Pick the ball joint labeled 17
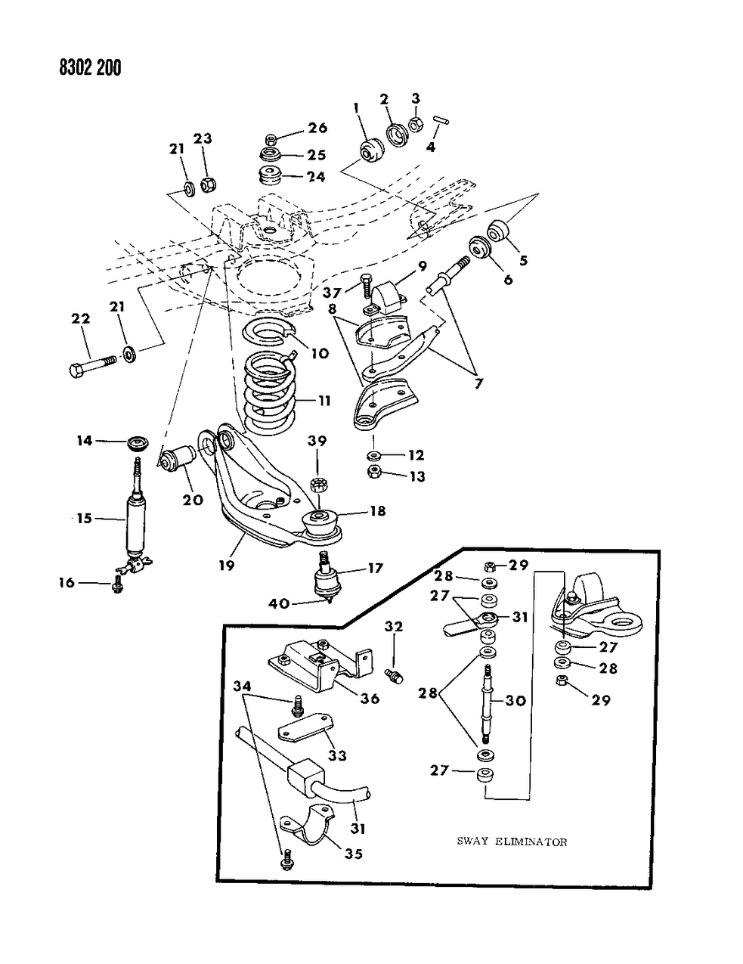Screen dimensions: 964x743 point(326,580)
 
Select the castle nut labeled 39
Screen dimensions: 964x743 point(318,483)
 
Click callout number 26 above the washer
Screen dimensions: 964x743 point(318,127)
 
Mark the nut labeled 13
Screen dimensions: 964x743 point(373,473)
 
